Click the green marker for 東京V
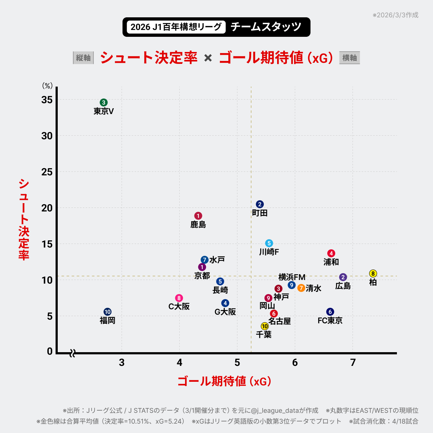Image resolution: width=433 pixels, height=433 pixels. [104, 102]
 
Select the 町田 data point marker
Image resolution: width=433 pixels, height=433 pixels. [260, 204]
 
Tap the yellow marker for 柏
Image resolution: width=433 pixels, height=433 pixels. [373, 274]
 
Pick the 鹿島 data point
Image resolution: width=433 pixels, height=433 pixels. [198, 216]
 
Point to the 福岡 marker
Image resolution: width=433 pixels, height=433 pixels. [108, 312]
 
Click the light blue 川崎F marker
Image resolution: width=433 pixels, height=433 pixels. [269, 243]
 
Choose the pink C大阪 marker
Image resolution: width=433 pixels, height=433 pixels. [179, 298]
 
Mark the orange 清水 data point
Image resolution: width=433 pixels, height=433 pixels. [301, 288]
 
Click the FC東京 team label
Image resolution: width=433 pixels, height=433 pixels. [330, 320]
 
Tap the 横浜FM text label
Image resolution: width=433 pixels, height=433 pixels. [292, 277]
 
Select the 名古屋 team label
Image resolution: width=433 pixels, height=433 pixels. [280, 321]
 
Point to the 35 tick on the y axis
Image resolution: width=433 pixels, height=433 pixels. [47, 100]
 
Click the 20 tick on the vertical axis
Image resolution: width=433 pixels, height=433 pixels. [47, 208]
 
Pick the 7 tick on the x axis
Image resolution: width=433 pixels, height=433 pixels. [353, 363]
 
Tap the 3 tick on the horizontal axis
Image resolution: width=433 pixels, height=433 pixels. [122, 363]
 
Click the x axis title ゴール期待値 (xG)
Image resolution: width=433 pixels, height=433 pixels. [224, 381]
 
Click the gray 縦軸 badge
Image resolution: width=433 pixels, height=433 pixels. [83, 58]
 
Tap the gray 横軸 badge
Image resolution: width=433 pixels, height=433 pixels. [349, 58]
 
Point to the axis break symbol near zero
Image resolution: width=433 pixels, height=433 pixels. [72, 353]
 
